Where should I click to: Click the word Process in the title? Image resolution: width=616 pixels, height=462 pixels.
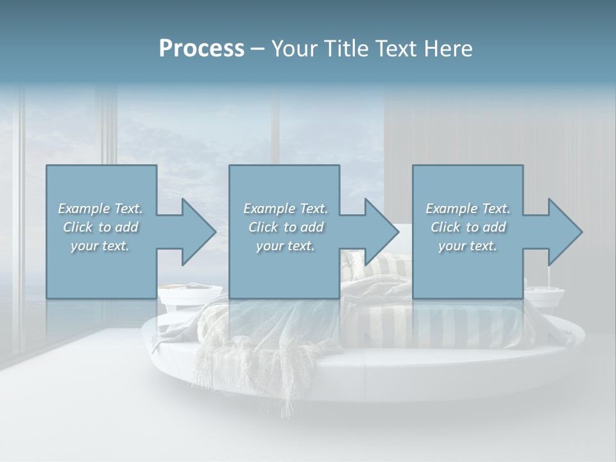click(201, 49)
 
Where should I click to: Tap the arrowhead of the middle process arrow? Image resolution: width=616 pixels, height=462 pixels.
click(381, 232)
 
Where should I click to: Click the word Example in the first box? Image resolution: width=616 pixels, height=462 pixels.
click(83, 209)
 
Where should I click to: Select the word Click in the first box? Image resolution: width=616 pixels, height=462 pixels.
click(78, 227)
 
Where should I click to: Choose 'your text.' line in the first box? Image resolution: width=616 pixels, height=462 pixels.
click(100, 246)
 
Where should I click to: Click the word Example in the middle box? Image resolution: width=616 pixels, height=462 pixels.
click(269, 209)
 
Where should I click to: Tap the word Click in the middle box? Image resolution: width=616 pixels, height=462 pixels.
click(263, 227)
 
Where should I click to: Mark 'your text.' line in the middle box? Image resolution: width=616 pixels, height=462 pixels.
click(285, 246)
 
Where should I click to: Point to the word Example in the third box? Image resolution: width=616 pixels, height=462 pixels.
click(451, 209)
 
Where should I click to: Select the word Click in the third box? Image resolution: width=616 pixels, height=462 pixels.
click(445, 227)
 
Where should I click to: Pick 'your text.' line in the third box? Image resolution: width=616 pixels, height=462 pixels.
click(468, 246)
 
